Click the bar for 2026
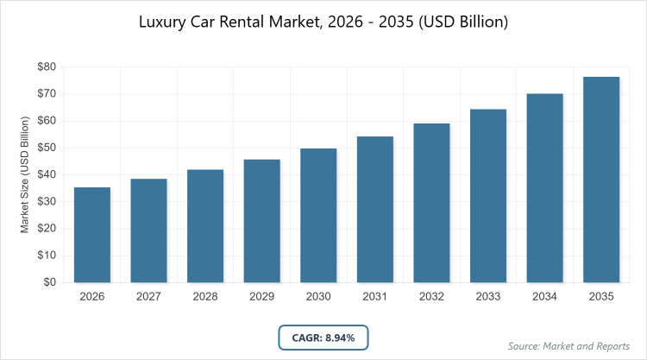point(92,235)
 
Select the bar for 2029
point(262,221)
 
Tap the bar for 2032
point(432,203)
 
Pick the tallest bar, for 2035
point(601,180)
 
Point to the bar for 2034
point(545,188)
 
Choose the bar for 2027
point(148,231)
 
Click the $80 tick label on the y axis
point(46,66)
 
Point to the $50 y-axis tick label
point(46,148)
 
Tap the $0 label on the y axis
point(49,282)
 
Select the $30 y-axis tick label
point(46,201)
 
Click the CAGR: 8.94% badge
point(323,338)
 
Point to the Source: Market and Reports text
point(568,346)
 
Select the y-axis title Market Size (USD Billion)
point(27,174)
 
